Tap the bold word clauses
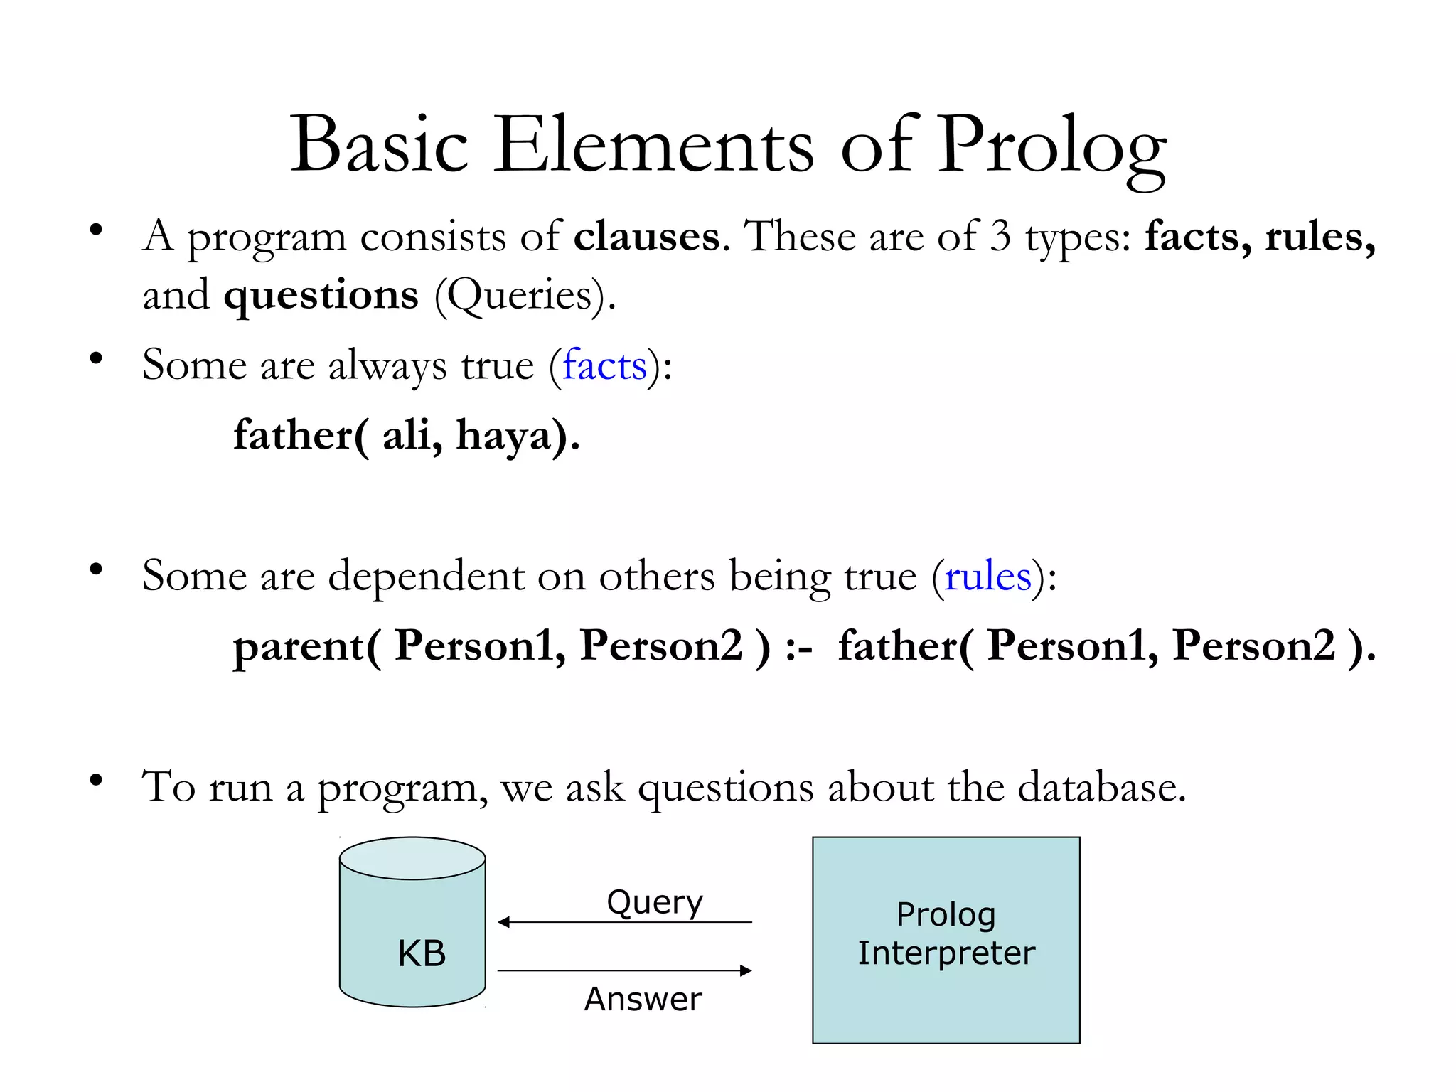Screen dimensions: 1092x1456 (x=646, y=237)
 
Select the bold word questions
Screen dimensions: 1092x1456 (x=321, y=295)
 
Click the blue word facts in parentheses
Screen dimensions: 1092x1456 (x=604, y=365)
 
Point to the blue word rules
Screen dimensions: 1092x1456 (x=987, y=576)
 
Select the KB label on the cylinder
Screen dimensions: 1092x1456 (x=422, y=953)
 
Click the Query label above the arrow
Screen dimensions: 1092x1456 (x=655, y=903)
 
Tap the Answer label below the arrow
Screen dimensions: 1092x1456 (x=643, y=999)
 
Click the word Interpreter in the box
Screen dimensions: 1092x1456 (x=946, y=953)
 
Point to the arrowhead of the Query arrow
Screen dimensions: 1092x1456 (x=503, y=922)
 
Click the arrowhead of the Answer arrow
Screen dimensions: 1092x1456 (x=746, y=970)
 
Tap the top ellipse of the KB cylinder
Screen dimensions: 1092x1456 (x=412, y=858)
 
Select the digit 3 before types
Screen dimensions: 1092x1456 (x=1000, y=236)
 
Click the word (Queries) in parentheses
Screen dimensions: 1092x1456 (x=524, y=295)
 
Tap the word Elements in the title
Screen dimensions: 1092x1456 (x=653, y=146)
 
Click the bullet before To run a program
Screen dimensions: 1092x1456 (x=96, y=781)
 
